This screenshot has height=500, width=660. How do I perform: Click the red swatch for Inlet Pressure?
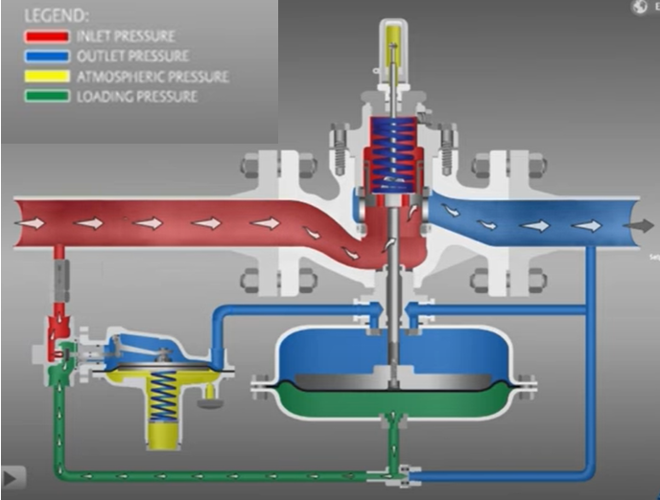click(45, 36)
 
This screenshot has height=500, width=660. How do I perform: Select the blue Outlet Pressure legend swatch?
click(45, 57)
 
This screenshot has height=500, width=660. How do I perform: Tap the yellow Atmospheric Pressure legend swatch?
click(45, 77)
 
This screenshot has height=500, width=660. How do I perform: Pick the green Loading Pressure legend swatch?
click(45, 96)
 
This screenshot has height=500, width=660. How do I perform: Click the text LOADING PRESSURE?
click(136, 96)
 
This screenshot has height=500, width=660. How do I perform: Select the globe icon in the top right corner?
click(639, 8)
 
